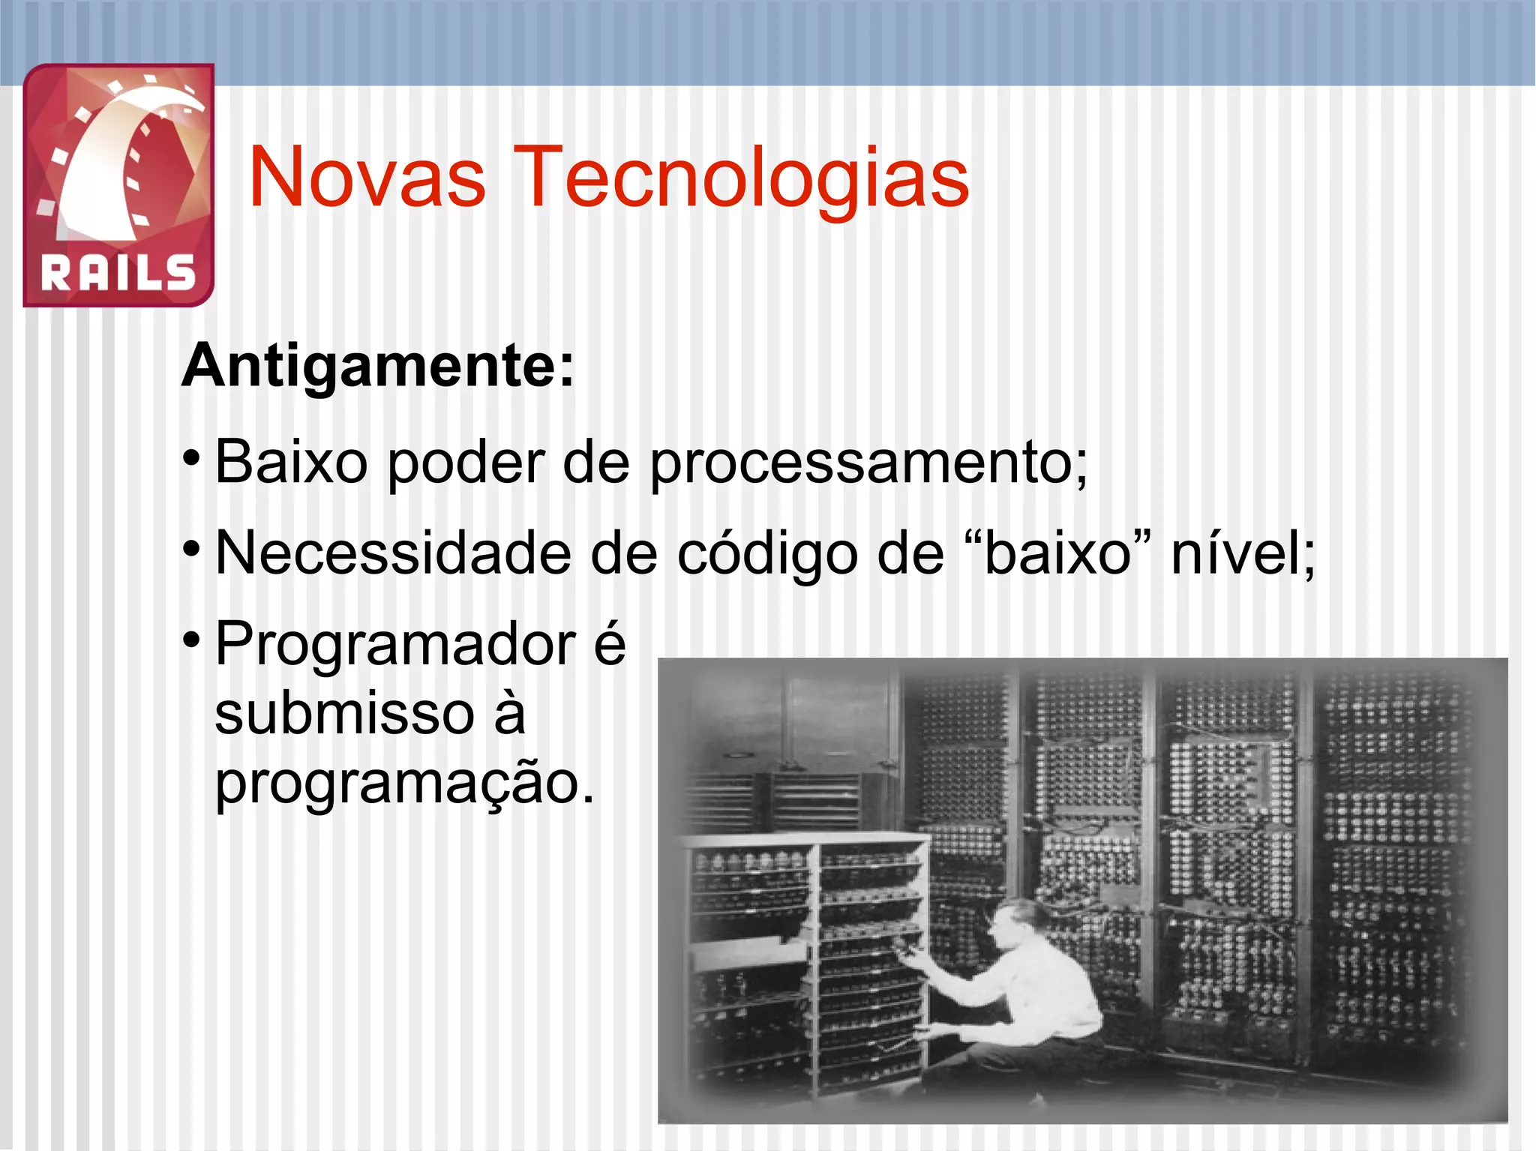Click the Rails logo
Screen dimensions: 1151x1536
[x=118, y=184]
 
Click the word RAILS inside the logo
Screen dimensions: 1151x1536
[x=118, y=272]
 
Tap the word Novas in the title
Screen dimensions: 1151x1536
[x=367, y=178]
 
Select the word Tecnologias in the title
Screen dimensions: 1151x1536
[x=742, y=178]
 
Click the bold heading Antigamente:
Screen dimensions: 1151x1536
[x=378, y=367]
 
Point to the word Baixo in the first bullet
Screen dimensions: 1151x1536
[x=291, y=463]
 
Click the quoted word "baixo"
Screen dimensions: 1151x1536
[x=1057, y=553]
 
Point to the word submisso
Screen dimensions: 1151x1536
[x=344, y=713]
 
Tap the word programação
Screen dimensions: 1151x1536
[x=403, y=784]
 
